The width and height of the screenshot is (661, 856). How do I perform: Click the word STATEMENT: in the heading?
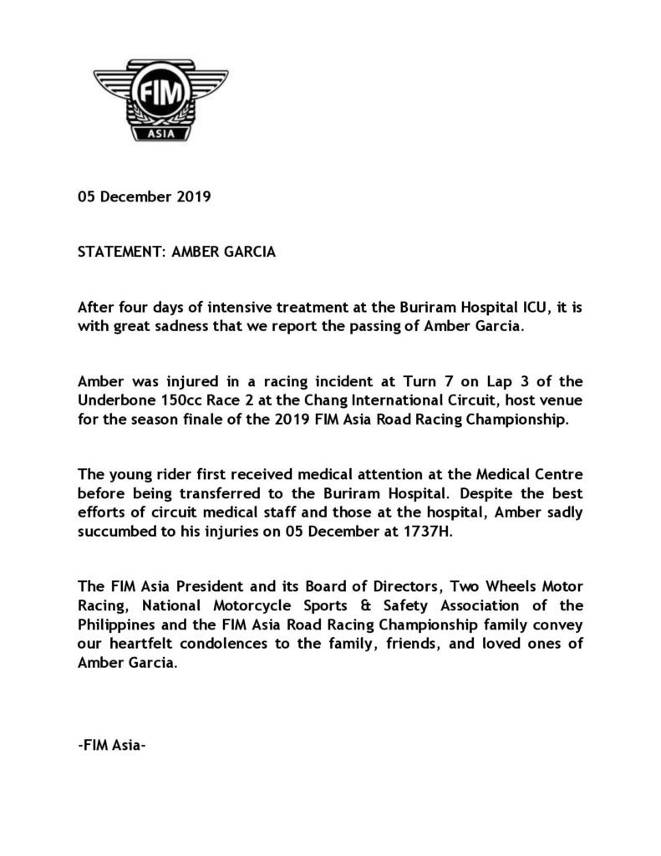click(x=120, y=252)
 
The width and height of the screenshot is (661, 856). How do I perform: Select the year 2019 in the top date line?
click(x=193, y=198)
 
